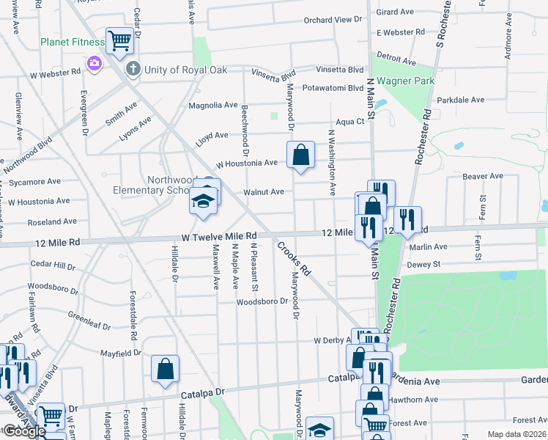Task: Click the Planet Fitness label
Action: click(73, 42)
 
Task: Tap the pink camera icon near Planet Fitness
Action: click(95, 64)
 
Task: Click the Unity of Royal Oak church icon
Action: click(133, 70)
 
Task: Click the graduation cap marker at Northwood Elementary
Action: click(204, 202)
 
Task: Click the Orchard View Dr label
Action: click(333, 20)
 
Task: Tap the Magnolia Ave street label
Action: click(213, 106)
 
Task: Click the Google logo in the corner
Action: click(23, 431)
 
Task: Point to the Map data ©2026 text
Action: click(516, 434)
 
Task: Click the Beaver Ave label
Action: click(483, 176)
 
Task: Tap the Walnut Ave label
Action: click(264, 192)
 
